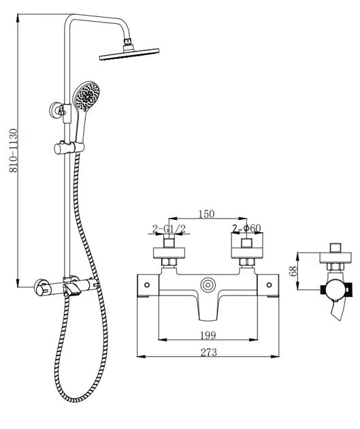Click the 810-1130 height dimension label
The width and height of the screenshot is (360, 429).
point(14,150)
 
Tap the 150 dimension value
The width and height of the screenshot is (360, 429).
point(206,214)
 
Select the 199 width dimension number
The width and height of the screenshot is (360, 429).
point(208,335)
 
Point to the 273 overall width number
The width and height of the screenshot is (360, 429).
point(208,353)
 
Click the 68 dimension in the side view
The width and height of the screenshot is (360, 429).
point(293,272)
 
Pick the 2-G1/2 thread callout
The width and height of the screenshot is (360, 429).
point(169,229)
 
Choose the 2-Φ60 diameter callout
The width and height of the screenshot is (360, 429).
point(247,228)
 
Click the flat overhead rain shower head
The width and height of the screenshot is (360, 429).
point(129,54)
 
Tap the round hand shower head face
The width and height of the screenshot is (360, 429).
point(87,96)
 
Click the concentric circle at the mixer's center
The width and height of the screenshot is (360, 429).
point(208,285)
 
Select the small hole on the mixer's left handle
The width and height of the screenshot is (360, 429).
point(147,285)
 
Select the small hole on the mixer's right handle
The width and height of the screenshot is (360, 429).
point(269,285)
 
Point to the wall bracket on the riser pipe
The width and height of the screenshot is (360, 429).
point(58,110)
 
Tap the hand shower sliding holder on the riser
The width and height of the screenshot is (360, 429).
point(69,148)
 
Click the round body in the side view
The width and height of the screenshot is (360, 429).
point(336,289)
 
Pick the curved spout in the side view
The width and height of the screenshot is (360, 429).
point(339,310)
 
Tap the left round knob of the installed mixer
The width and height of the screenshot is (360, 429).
point(40,288)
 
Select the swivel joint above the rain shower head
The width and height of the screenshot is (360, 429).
point(128,42)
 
